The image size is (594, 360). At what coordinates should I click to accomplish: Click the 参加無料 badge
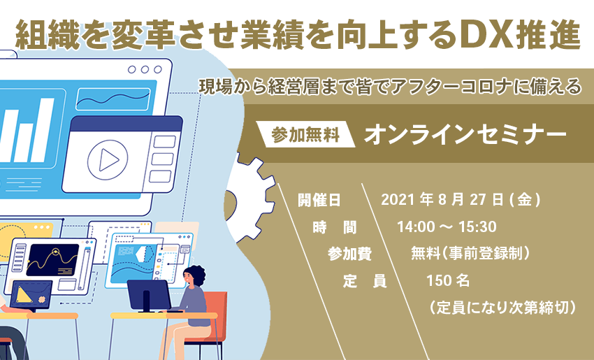(x=305, y=134)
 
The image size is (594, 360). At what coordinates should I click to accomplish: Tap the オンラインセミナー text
(x=465, y=134)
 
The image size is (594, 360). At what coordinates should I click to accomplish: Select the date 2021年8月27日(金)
(x=461, y=200)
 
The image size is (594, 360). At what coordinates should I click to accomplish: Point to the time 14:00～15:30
(x=447, y=227)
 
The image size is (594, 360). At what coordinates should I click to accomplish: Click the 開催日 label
(x=319, y=200)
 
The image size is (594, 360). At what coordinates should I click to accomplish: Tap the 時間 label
(x=335, y=227)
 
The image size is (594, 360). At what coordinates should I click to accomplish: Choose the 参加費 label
(x=349, y=254)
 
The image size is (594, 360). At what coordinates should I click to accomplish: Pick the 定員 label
(x=364, y=281)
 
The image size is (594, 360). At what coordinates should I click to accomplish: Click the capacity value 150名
(x=448, y=281)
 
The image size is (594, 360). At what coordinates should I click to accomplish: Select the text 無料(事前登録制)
(x=470, y=254)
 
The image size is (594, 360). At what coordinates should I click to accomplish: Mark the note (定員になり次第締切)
(x=502, y=308)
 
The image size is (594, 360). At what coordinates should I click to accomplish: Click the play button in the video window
(x=108, y=159)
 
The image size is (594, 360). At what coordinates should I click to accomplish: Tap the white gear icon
(x=250, y=198)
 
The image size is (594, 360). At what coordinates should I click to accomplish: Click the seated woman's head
(x=194, y=276)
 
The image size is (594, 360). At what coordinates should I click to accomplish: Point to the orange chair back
(x=217, y=309)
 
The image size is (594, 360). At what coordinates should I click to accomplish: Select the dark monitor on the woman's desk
(x=149, y=296)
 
